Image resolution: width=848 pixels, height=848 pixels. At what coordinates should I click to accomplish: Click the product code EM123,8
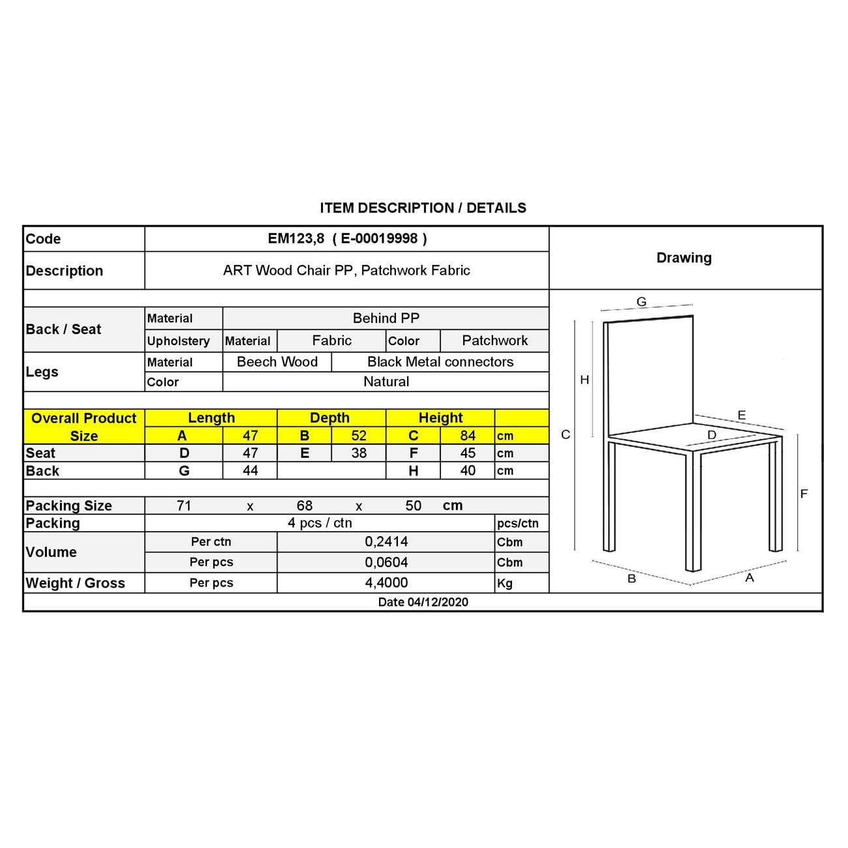(295, 239)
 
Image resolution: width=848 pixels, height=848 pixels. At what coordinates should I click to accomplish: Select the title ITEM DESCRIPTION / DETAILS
(423, 208)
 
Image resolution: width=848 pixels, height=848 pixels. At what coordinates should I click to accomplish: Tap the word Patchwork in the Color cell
(494, 341)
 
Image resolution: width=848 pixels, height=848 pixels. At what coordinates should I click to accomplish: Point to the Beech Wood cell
(277, 362)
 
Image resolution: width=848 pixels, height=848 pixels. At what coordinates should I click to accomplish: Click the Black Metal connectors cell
(440, 362)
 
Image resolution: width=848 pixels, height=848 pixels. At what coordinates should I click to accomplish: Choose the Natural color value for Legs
(386, 382)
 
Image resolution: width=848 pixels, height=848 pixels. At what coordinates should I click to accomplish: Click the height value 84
(468, 436)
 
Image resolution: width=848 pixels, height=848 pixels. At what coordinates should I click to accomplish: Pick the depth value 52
(359, 436)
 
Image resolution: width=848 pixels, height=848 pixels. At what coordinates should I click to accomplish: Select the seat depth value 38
(359, 453)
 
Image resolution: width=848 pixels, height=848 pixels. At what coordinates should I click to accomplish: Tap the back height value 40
(468, 471)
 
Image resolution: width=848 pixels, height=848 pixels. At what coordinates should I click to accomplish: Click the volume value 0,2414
(386, 542)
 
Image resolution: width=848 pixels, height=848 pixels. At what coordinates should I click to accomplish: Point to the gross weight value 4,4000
(386, 583)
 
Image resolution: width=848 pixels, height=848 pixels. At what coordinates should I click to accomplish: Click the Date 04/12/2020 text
(423, 602)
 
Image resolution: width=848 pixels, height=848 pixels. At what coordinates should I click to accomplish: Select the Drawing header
(684, 258)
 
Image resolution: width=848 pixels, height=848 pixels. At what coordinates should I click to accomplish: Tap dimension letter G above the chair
(641, 302)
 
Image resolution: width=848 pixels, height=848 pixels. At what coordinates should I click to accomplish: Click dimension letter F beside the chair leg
(804, 494)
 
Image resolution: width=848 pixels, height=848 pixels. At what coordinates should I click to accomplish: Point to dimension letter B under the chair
(631, 579)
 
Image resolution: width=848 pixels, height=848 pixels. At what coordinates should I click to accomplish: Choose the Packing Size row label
(68, 506)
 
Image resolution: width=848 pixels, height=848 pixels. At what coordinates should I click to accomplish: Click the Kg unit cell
(505, 583)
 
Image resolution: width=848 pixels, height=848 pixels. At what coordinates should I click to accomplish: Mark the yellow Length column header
(211, 418)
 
